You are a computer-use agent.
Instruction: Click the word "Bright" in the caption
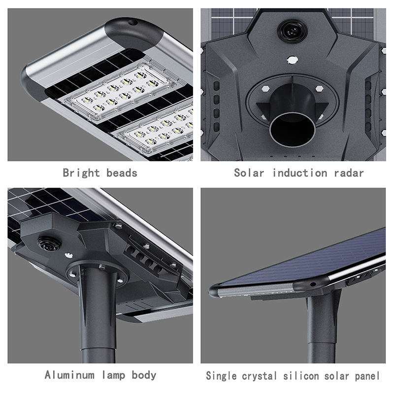pyautogui.click(x=81, y=173)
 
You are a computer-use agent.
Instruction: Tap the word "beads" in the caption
pyautogui.click(x=122, y=173)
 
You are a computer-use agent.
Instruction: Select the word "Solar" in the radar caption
pyautogui.click(x=249, y=173)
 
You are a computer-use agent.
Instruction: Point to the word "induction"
pyautogui.click(x=300, y=173)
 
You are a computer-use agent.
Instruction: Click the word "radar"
pyautogui.click(x=349, y=173)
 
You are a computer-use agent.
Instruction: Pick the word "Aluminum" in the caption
pyautogui.click(x=70, y=375)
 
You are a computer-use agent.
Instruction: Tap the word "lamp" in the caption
pyautogui.click(x=114, y=375)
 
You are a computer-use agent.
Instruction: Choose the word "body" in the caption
pyautogui.click(x=144, y=375)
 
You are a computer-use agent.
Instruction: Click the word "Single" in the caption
pyautogui.click(x=221, y=376)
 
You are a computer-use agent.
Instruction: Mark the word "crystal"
pyautogui.click(x=260, y=376)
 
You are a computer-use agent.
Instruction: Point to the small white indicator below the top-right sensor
pyautogui.click(x=293, y=60)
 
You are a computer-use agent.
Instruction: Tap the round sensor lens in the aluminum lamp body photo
pyautogui.click(x=49, y=243)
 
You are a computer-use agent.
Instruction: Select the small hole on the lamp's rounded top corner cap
pyautogui.click(x=132, y=22)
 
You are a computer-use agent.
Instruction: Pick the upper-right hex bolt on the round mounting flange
pyautogui.click(x=319, y=89)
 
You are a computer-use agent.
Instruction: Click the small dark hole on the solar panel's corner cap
pyautogui.click(x=313, y=284)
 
